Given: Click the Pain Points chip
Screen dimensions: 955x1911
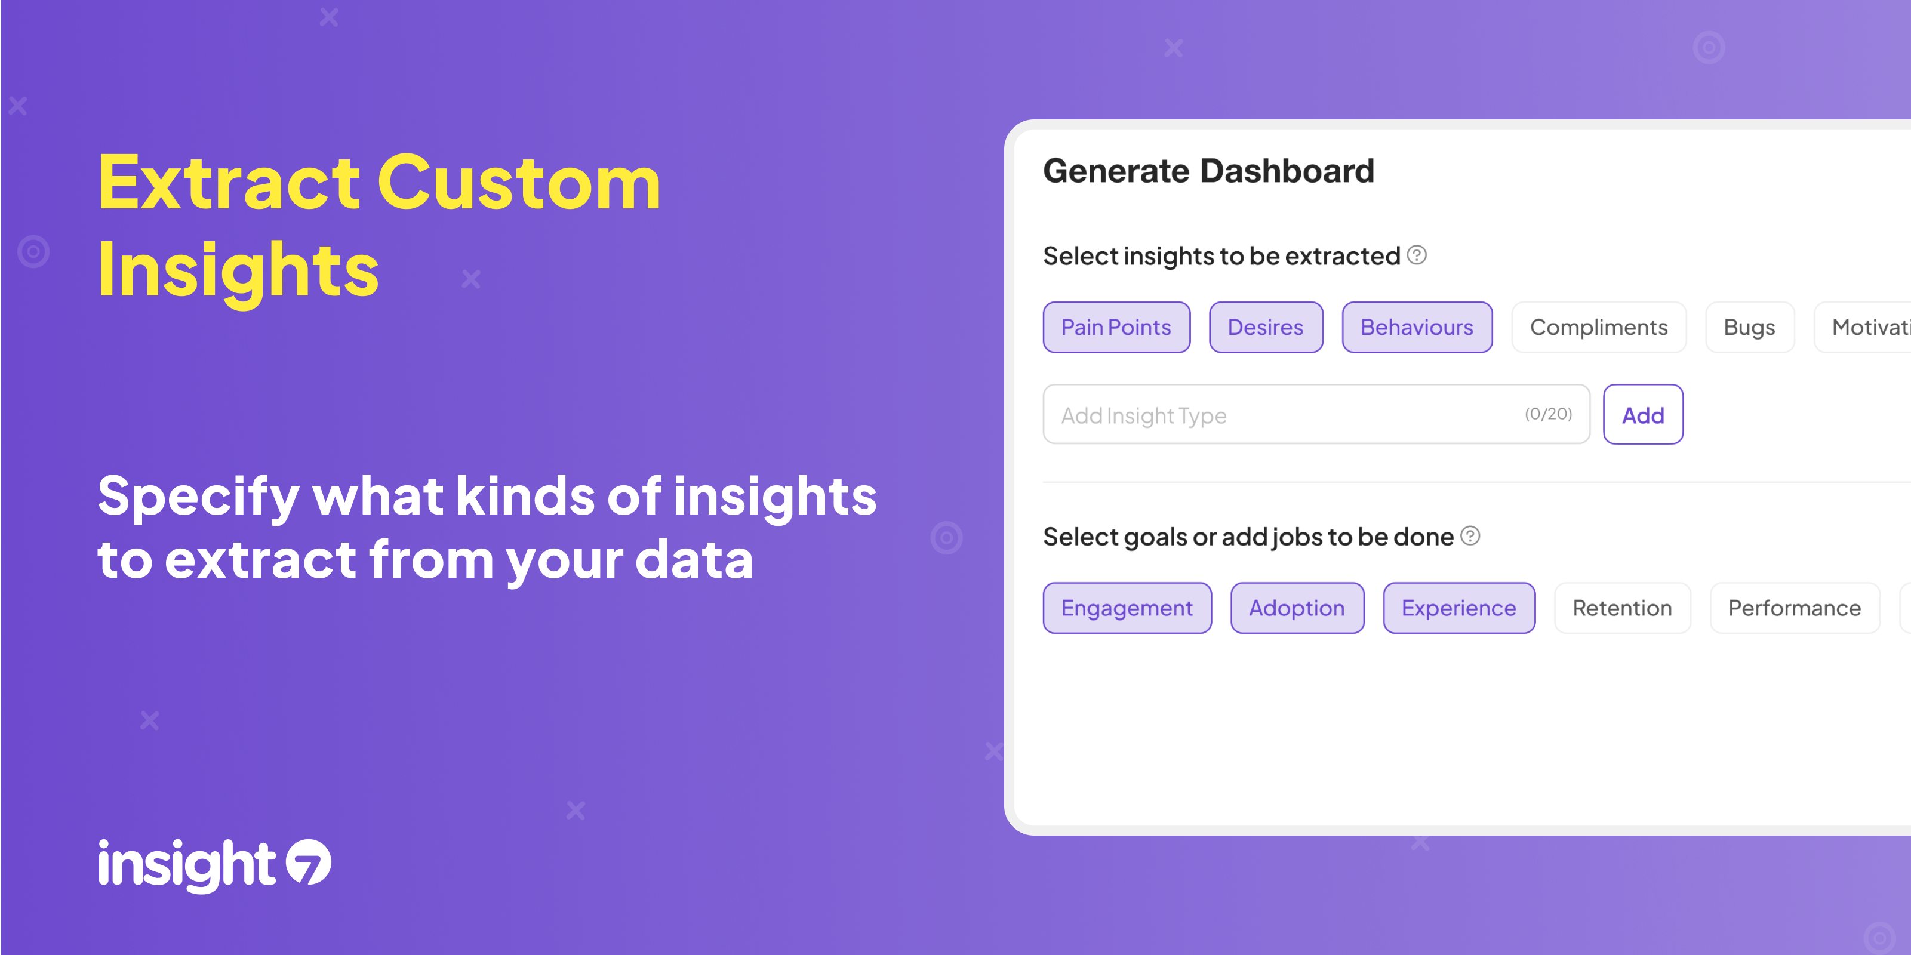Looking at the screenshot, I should click(1116, 327).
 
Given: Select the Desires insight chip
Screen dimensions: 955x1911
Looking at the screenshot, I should click(1266, 327).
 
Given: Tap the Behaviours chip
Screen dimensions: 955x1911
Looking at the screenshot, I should click(1417, 327).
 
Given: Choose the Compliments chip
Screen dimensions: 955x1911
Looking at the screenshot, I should click(1599, 327).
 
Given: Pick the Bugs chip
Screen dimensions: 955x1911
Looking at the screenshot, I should click(1749, 327).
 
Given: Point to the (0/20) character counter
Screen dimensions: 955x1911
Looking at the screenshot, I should click(1548, 414).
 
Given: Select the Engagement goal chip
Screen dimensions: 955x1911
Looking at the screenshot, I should click(1127, 608).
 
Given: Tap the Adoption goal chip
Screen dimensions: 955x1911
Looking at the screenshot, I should click(1297, 608).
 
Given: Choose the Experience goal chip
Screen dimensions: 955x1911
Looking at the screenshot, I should click(1458, 608).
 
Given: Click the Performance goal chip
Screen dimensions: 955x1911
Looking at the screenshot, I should click(1795, 608).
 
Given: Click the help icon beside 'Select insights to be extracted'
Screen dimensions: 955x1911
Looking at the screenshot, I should click(1417, 255).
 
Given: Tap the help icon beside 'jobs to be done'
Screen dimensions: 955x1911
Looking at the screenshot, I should click(1470, 535).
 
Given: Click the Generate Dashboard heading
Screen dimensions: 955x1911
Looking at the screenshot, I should click(1208, 171).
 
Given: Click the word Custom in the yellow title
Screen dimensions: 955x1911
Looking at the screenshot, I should click(519, 183).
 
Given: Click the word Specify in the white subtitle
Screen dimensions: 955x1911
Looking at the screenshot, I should click(198, 497).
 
